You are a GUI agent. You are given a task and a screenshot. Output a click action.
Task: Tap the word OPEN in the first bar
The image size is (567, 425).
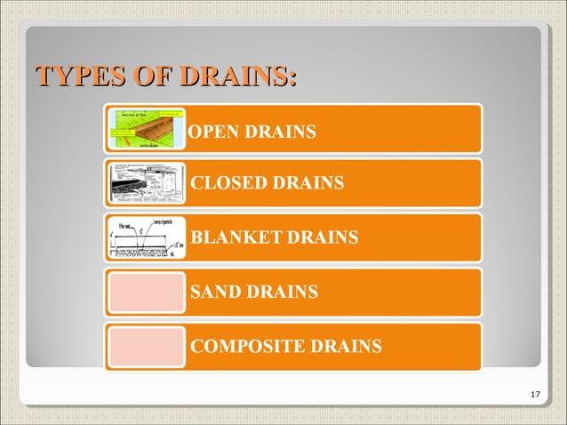(210, 132)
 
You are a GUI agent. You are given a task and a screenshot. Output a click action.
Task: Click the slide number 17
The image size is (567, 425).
(534, 395)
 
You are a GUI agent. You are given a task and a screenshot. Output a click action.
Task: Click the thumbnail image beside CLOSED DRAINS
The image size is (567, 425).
(145, 183)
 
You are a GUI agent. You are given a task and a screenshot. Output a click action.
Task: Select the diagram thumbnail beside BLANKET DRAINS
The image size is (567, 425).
(145, 237)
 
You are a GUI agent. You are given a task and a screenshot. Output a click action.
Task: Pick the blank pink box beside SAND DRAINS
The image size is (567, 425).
(145, 292)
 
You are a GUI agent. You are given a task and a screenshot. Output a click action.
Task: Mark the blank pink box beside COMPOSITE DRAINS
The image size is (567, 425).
(145, 346)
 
